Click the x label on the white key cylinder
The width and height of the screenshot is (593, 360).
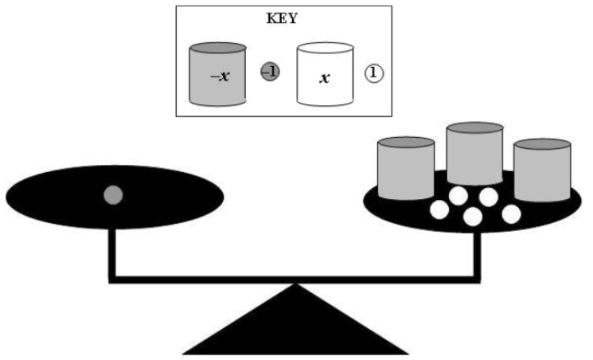[x=324, y=80]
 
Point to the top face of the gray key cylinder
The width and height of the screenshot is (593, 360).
[x=217, y=49]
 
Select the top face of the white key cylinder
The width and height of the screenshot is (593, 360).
[x=324, y=48]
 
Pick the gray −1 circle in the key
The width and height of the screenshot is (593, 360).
[x=270, y=72]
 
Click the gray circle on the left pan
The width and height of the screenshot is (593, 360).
[x=114, y=194]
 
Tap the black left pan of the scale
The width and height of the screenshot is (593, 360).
[x=64, y=195]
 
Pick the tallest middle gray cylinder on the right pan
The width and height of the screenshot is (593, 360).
[x=474, y=159]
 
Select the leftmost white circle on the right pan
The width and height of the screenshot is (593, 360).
[x=439, y=210]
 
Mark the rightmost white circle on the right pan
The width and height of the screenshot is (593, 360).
[x=510, y=213]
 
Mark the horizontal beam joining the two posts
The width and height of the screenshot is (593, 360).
[x=295, y=278]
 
